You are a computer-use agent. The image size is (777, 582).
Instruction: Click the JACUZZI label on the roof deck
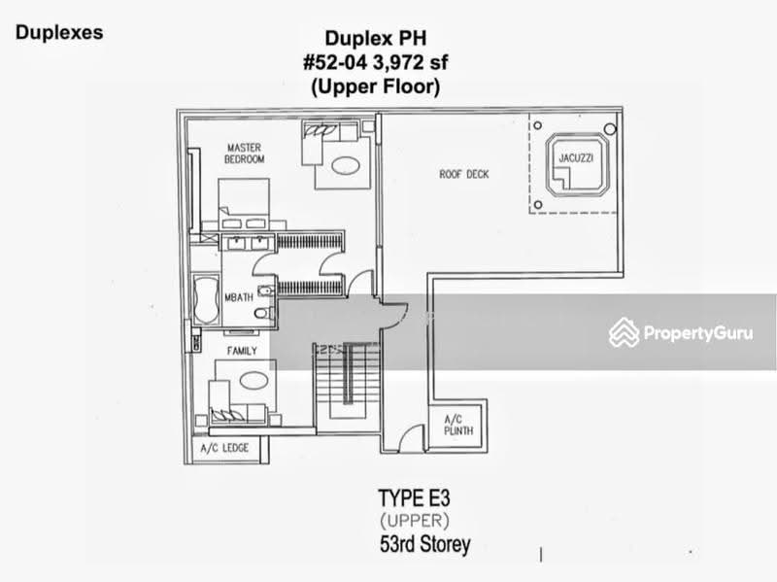(576, 158)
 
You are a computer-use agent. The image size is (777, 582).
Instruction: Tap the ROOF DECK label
(464, 174)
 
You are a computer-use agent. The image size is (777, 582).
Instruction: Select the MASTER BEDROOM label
(245, 154)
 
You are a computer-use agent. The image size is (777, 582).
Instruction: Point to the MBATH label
(239, 297)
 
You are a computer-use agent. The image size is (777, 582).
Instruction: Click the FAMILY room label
(242, 351)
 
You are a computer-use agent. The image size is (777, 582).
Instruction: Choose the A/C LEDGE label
(224, 448)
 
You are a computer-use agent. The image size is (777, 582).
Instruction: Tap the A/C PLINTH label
(458, 425)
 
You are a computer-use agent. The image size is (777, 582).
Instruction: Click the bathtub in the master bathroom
(206, 300)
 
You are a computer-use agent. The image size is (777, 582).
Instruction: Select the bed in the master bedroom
(244, 204)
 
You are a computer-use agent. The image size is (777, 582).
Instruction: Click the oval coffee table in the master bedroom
(346, 165)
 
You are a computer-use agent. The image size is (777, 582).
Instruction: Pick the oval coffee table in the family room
(253, 381)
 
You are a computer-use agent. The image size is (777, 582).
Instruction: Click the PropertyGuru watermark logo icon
(624, 332)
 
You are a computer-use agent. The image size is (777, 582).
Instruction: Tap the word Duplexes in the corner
(59, 33)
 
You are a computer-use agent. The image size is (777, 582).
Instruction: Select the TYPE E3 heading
(415, 498)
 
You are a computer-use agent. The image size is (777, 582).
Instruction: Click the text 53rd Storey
(424, 544)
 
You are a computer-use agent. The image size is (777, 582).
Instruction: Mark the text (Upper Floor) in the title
(376, 86)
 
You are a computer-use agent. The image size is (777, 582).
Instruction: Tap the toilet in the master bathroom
(263, 313)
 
